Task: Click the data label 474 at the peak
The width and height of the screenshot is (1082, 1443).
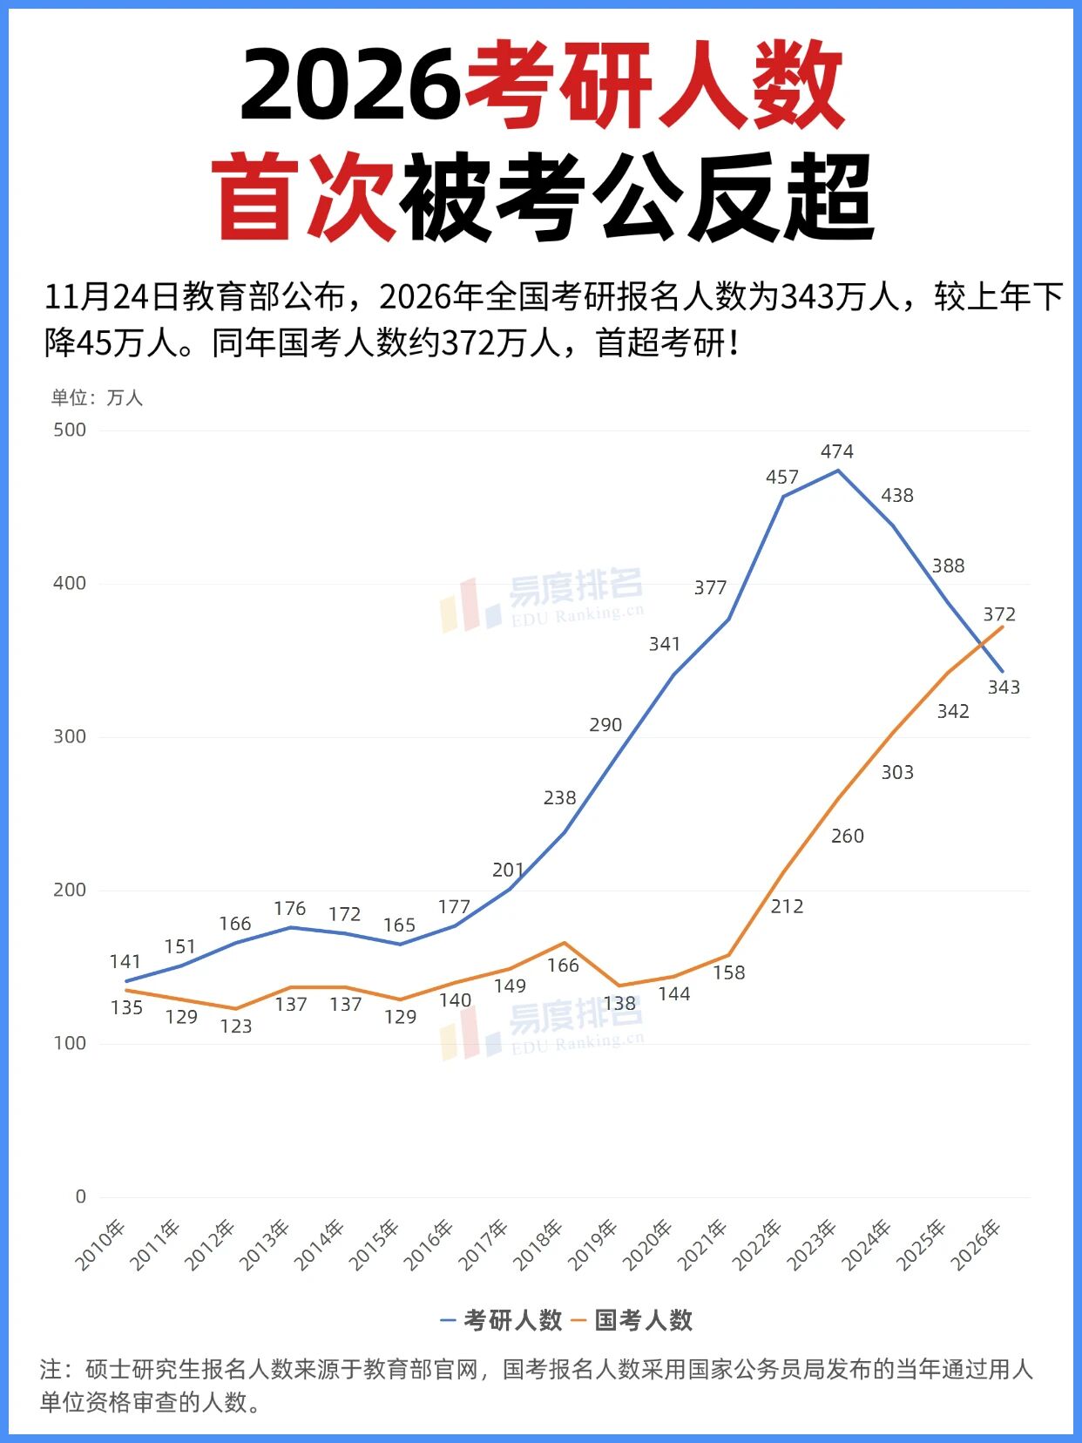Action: tap(836, 451)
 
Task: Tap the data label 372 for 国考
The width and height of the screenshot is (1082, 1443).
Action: tap(999, 614)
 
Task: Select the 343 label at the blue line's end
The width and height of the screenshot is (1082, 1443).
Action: tap(1004, 688)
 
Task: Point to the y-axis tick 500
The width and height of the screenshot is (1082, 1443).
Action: tap(70, 430)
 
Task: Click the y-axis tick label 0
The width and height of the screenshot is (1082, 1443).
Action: tap(81, 1196)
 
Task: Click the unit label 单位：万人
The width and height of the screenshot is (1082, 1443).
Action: tap(97, 398)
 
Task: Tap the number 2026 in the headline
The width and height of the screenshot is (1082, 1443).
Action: tap(350, 85)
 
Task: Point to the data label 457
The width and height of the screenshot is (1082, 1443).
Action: tap(781, 478)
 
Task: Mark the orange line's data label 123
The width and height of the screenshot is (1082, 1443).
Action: tap(235, 1026)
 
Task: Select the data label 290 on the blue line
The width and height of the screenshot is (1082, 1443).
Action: tap(605, 725)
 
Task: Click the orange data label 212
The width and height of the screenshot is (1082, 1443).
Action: tap(787, 907)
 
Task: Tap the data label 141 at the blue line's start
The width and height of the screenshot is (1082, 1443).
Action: tap(125, 962)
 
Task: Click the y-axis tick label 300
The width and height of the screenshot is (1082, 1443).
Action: tap(70, 736)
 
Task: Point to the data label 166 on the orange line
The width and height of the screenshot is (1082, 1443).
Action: tap(563, 965)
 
